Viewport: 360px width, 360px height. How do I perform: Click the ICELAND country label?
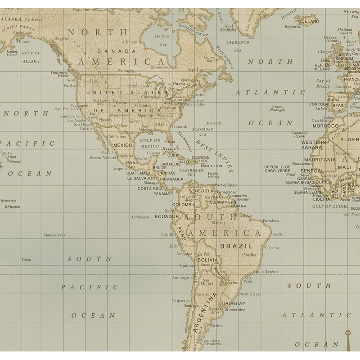pyautogui.click(x=309, y=21)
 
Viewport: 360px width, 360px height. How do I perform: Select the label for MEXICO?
pyautogui.click(x=123, y=145)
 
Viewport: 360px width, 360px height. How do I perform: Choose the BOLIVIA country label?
pyautogui.click(x=207, y=260)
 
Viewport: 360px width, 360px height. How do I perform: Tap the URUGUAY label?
pyautogui.click(x=234, y=303)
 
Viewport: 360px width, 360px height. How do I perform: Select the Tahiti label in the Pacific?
pyautogui.click(x=26, y=260)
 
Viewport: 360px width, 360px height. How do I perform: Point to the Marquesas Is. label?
pyautogui.click(x=54, y=235)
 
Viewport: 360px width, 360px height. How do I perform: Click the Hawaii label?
pyautogui.click(x=16, y=162)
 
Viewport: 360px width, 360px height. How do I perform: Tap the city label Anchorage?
pyautogui.click(x=22, y=32)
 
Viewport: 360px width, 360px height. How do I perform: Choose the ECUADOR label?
pyautogui.click(x=167, y=216)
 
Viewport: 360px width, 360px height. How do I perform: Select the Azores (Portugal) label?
pyautogui.click(x=278, y=108)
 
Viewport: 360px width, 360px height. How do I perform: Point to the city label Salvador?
pyautogui.click(x=272, y=248)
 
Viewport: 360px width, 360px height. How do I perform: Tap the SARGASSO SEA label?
pyautogui.click(x=200, y=131)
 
